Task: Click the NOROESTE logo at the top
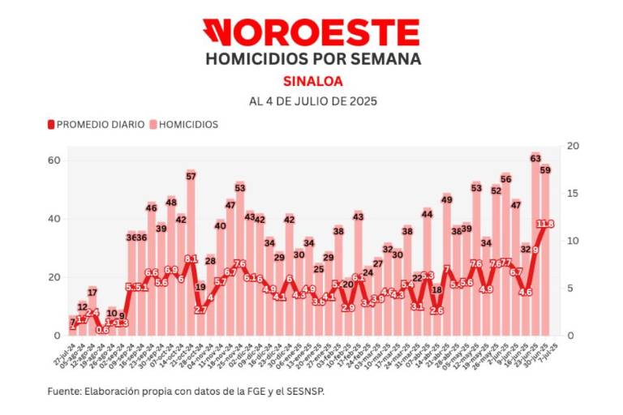[311, 32]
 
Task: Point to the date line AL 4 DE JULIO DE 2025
[311, 102]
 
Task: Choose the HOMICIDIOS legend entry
[185, 125]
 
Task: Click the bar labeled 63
[535, 243]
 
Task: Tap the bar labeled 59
[546, 251]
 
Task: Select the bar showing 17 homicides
[92, 312]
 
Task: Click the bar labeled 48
[171, 267]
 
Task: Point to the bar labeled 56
[506, 259]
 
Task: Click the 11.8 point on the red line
[546, 224]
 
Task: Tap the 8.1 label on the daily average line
[191, 259]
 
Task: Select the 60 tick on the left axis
[56, 160]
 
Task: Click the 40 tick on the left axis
[56, 219]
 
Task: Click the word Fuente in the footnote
[64, 391]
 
